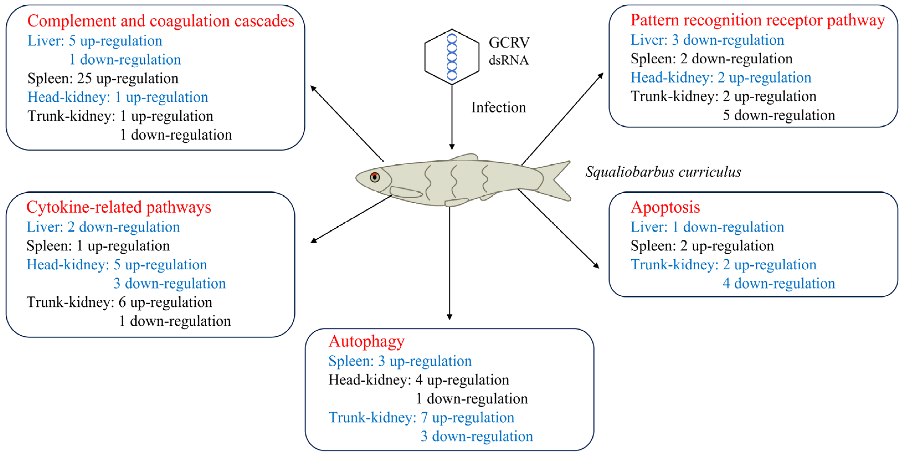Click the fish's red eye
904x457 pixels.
click(374, 177)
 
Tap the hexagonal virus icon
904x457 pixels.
click(452, 57)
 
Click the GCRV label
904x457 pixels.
click(509, 42)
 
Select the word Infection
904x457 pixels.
click(498, 107)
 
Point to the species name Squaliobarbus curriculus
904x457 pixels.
click(663, 172)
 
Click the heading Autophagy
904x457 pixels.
click(366, 341)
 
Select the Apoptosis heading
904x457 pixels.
click(665, 207)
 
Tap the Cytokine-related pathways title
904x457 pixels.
click(119, 207)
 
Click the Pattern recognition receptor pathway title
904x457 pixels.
click(757, 20)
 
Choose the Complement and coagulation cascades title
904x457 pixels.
click(161, 21)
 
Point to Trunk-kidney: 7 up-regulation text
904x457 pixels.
click(421, 418)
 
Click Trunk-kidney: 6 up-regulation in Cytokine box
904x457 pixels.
click(119, 302)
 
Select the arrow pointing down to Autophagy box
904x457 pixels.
click(449, 263)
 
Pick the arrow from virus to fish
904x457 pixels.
click(452, 118)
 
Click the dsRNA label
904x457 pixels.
click(508, 60)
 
